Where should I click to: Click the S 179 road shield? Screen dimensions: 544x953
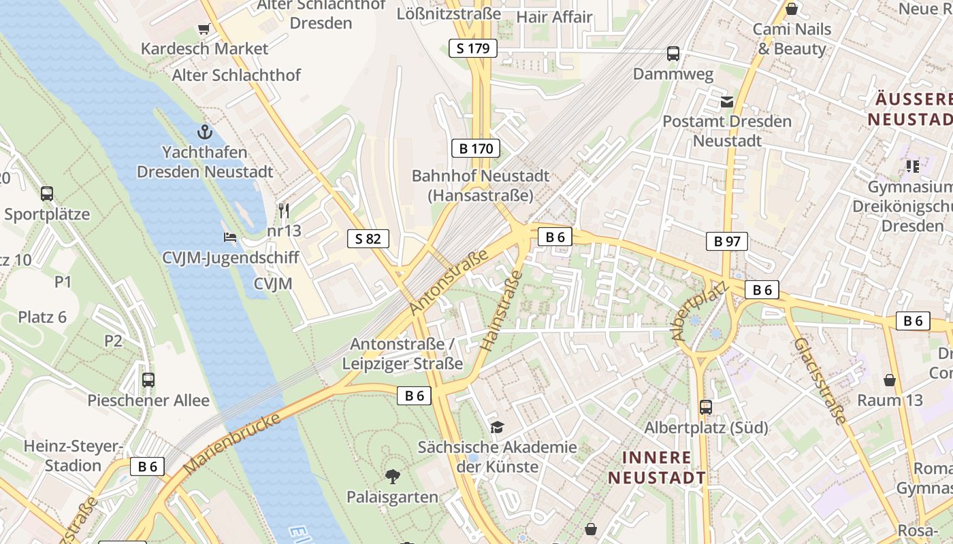(x=473, y=48)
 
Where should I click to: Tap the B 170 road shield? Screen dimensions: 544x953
(x=476, y=148)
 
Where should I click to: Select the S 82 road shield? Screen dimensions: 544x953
(x=368, y=238)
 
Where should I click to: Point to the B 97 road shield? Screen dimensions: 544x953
(x=726, y=241)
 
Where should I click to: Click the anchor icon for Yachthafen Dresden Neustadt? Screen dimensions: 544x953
(x=204, y=131)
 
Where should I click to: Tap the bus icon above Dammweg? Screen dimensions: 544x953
(x=673, y=54)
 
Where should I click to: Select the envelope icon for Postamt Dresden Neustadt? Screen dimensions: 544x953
(x=727, y=102)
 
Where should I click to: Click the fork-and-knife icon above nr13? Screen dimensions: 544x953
(x=284, y=210)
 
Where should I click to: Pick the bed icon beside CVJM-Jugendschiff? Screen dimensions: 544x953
(x=230, y=237)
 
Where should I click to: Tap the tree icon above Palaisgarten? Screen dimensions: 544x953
(x=392, y=476)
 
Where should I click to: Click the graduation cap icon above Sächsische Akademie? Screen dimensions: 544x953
(x=498, y=427)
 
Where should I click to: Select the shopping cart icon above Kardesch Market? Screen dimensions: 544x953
(x=204, y=29)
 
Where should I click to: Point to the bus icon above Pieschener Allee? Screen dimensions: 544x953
(x=148, y=380)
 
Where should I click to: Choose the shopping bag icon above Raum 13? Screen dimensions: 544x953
(x=890, y=380)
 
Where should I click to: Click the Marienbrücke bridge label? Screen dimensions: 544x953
(x=233, y=443)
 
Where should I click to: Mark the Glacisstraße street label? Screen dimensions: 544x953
(x=820, y=380)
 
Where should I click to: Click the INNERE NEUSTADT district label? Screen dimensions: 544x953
(x=657, y=467)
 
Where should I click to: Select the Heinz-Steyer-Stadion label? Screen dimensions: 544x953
(x=73, y=456)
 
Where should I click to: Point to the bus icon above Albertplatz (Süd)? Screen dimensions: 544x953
(x=706, y=407)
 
